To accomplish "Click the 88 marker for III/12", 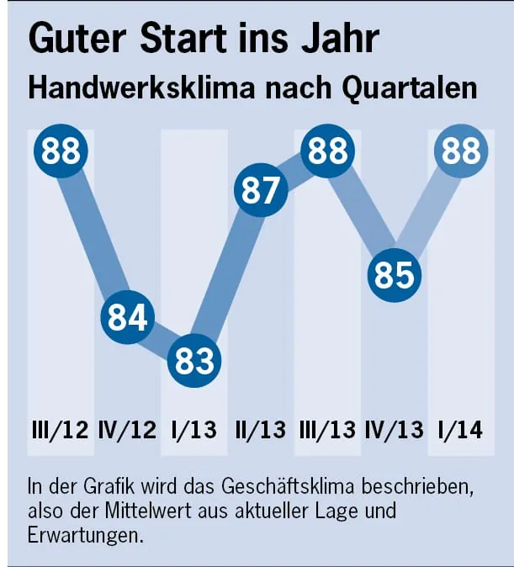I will click(61, 152).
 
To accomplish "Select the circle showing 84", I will click(128, 317).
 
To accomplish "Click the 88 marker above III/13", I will click(327, 152).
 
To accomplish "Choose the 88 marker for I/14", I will click(460, 152).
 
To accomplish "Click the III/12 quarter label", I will click(59, 431).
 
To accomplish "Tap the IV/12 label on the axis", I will click(126, 431).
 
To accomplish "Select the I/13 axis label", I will click(193, 431).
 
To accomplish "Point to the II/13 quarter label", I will click(260, 431).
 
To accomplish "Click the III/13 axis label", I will click(328, 431).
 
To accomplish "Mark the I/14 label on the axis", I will click(461, 431).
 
